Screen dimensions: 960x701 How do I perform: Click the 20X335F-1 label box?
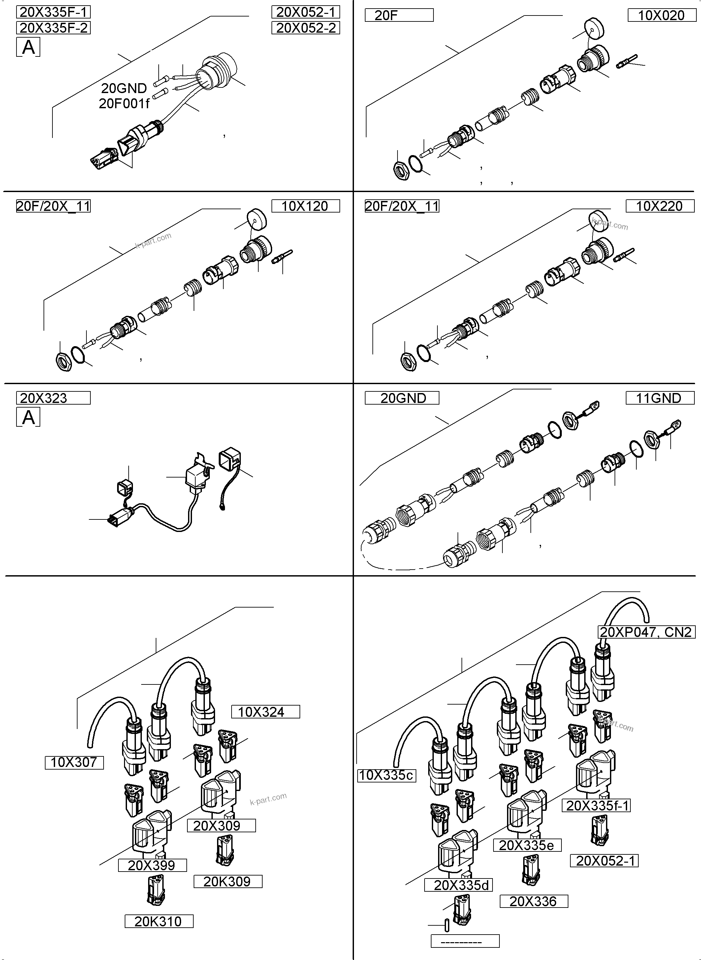click(53, 12)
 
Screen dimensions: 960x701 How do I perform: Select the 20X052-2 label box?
click(305, 28)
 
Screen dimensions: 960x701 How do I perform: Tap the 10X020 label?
click(661, 15)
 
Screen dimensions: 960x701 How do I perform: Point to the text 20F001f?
click(124, 104)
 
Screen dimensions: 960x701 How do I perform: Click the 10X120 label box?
click(305, 206)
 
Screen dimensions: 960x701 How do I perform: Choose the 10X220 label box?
click(660, 206)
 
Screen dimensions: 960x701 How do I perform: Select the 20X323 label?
click(53, 398)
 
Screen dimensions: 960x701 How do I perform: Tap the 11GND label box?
click(660, 398)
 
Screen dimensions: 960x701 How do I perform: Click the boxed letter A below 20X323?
click(28, 417)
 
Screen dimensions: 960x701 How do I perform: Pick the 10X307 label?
click(74, 763)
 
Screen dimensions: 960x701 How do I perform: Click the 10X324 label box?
click(265, 712)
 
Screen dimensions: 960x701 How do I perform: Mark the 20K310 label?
click(159, 921)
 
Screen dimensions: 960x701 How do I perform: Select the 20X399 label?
click(152, 865)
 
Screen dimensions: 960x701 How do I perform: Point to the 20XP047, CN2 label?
click(646, 632)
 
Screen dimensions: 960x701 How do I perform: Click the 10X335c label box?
click(386, 776)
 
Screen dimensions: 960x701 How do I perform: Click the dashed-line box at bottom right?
click(465, 941)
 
